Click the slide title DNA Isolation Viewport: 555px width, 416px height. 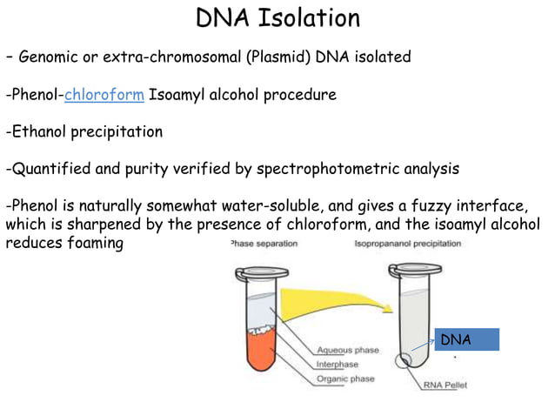pyautogui.click(x=277, y=18)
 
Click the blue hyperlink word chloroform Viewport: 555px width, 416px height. pyautogui.click(x=104, y=94)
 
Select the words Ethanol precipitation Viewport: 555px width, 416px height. pyautogui.click(x=86, y=132)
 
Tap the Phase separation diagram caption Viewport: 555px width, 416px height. pyautogui.click(x=263, y=244)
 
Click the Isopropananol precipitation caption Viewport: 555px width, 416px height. pyautogui.click(x=408, y=244)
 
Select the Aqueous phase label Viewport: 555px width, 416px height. pyautogui.click(x=348, y=350)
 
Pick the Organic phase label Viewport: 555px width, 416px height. pyautogui.click(x=347, y=379)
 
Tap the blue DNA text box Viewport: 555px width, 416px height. pyautogui.click(x=466, y=339)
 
